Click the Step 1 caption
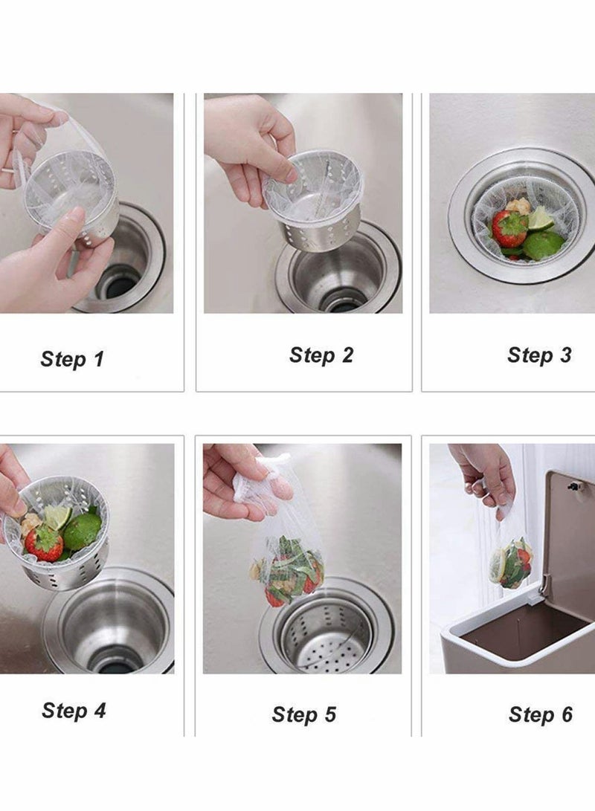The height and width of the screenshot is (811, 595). [72, 360]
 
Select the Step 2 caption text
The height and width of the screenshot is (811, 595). [321, 355]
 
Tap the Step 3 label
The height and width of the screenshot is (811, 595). [539, 355]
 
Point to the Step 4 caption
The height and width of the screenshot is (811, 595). [74, 711]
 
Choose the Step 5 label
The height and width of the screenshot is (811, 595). [303, 715]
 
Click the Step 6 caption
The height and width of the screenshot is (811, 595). [541, 715]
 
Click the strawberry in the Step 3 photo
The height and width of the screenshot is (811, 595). [509, 229]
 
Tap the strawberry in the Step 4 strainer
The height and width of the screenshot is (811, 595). [44, 543]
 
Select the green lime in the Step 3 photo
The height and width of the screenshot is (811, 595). [543, 244]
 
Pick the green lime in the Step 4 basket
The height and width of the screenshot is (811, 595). [82, 531]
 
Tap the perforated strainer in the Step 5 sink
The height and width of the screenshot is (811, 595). [331, 639]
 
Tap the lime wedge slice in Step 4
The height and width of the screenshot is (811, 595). [56, 515]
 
